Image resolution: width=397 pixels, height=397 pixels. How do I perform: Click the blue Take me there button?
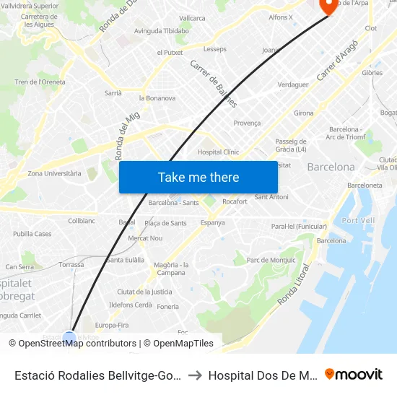(198, 177)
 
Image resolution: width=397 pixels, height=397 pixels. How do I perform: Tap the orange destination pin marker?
(328, 6)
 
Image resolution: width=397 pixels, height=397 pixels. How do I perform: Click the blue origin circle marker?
(69, 338)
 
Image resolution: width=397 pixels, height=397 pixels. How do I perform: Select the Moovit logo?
(354, 375)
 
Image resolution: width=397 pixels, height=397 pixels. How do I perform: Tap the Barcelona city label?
(331, 167)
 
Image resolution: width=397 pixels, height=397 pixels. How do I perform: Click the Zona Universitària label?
(54, 173)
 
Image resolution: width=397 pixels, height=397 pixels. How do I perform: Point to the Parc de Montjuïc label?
(272, 260)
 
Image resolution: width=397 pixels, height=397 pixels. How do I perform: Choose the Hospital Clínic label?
(218, 152)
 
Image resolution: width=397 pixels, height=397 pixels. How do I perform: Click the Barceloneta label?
(365, 185)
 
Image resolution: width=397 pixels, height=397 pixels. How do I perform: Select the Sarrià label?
(113, 93)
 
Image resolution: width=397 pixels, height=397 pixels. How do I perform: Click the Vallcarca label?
(192, 18)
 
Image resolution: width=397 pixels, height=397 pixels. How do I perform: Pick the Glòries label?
(372, 73)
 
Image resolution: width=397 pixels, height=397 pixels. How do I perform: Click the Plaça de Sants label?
(165, 223)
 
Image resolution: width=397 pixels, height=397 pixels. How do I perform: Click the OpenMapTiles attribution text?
(183, 344)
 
